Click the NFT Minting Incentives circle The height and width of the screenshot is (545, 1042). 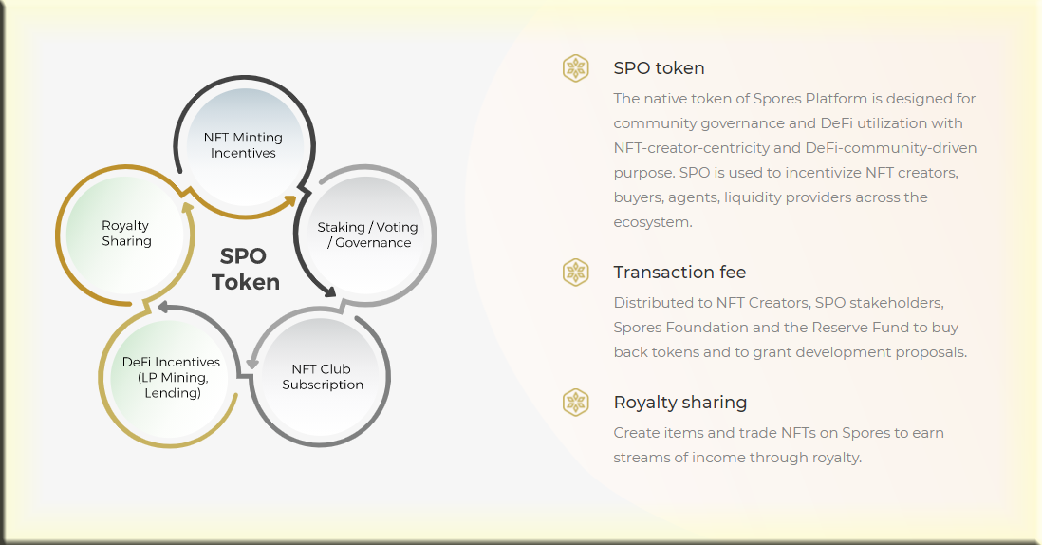244,145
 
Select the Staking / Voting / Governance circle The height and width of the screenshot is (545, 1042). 367,235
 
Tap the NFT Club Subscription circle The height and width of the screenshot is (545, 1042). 322,377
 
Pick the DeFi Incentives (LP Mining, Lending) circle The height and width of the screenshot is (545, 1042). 170,378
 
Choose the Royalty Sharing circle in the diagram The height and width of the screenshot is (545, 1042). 125,234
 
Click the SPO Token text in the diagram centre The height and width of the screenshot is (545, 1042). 245,269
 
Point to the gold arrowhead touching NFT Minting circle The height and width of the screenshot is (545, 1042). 289,200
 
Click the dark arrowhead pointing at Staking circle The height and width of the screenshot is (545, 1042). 328,291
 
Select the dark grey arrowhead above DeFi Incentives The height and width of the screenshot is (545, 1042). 164,307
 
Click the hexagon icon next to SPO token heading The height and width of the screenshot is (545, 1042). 575,67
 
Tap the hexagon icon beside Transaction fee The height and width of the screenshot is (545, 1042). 575,272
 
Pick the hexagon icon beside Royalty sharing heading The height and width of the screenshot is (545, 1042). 575,403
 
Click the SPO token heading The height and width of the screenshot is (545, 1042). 659,67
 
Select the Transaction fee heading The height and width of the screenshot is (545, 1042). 679,272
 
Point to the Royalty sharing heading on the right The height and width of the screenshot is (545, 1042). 680,403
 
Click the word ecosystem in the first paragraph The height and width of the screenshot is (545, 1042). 653,222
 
